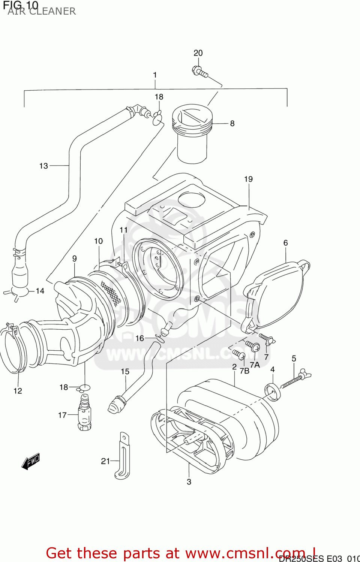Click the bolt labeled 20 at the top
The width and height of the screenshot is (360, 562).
coord(199,71)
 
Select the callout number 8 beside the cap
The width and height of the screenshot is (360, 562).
coord(232,123)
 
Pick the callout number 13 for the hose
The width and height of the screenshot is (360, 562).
coord(43,166)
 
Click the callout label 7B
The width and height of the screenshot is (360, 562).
coord(244,371)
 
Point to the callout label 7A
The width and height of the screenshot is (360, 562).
coord(255,365)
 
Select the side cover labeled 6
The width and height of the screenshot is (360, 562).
coord(277,296)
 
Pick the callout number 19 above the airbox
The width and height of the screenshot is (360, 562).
coord(248,179)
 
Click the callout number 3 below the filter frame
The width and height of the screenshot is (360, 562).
coord(189,482)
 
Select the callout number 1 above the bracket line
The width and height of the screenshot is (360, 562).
coord(155,75)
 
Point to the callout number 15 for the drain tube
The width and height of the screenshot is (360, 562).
coord(125,371)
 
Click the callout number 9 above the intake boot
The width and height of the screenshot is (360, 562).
coord(75,259)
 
